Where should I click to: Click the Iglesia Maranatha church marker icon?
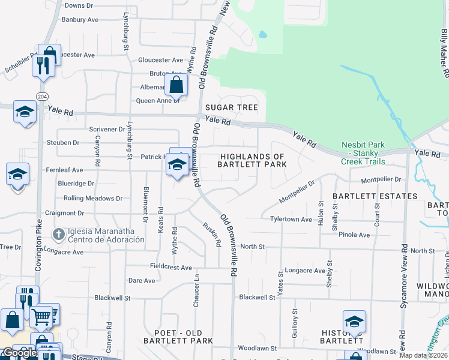tap(58, 233)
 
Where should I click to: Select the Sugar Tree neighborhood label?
tap(232, 108)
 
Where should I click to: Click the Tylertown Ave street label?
tap(291, 220)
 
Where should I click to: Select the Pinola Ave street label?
tap(354, 235)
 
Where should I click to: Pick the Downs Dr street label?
tap(79, 5)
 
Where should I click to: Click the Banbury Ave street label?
tap(80, 20)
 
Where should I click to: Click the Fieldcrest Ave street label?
tap(170, 267)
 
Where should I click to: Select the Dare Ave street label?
tap(142, 280)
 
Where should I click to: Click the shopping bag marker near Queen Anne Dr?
tap(176, 85)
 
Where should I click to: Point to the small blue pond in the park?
tap(262, 34)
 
